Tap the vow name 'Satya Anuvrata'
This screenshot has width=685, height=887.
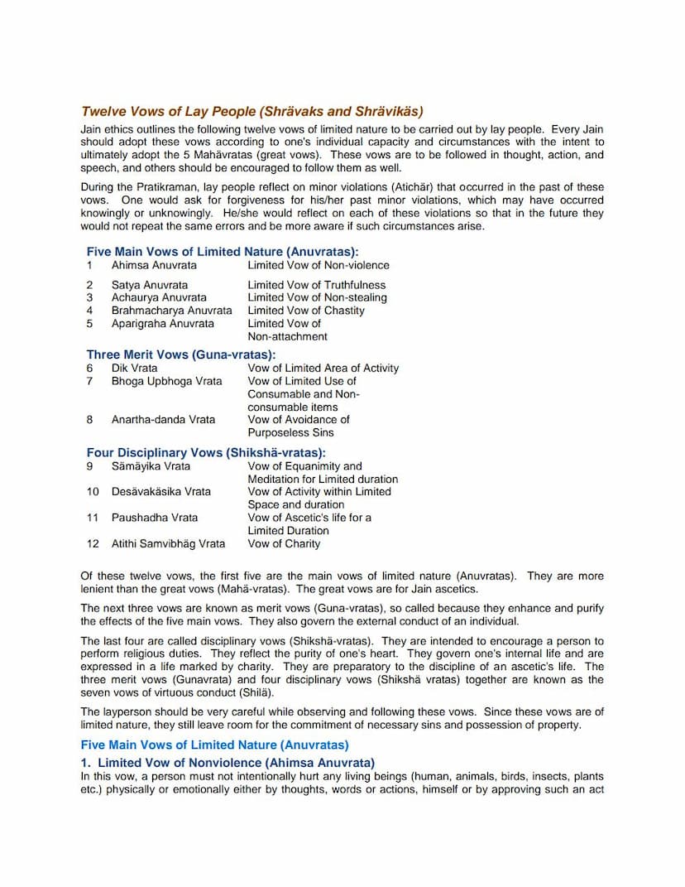tap(150, 285)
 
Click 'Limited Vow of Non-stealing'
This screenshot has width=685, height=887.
tap(317, 297)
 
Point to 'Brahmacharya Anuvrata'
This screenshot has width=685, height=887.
tap(172, 311)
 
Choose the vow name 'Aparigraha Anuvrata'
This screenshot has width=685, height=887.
tap(163, 324)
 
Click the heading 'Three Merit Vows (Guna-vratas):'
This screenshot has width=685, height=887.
tap(181, 355)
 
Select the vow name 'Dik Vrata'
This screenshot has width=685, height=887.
tap(134, 368)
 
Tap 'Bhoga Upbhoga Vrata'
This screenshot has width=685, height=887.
tap(166, 381)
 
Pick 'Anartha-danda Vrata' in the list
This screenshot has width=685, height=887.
tap(163, 420)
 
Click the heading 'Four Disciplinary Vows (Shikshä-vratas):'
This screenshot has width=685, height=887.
tap(206, 453)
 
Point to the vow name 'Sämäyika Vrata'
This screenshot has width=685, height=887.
tap(151, 466)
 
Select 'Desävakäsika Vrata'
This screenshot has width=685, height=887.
tap(161, 492)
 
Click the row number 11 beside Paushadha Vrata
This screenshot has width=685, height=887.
tap(93, 518)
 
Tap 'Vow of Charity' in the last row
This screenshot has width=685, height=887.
tap(284, 544)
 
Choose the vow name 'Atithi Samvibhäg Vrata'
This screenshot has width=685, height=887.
tap(168, 544)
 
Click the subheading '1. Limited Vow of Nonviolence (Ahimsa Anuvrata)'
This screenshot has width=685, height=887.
tap(228, 763)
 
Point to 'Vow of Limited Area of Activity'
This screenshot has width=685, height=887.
tap(323, 368)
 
